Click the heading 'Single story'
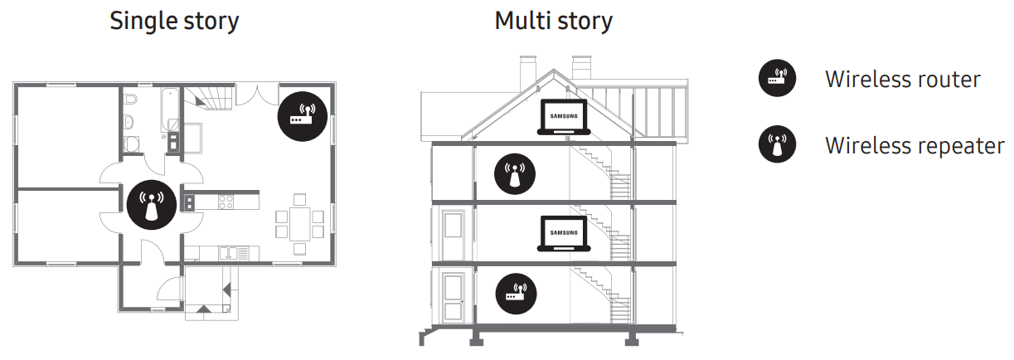pyautogui.click(x=174, y=21)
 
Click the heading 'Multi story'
pyautogui.click(x=553, y=21)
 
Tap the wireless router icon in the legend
pyautogui.click(x=777, y=80)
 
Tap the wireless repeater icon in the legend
pyautogui.click(x=777, y=146)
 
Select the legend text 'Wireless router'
pyautogui.click(x=902, y=80)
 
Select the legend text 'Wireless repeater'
pyautogui.click(x=914, y=146)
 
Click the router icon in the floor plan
pyautogui.click(x=302, y=115)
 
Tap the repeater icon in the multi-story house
pyautogui.click(x=515, y=173)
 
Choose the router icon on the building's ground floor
pyautogui.click(x=516, y=293)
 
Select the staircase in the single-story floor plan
pyautogui.click(x=210, y=101)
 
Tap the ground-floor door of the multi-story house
pyautogui.click(x=453, y=294)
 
